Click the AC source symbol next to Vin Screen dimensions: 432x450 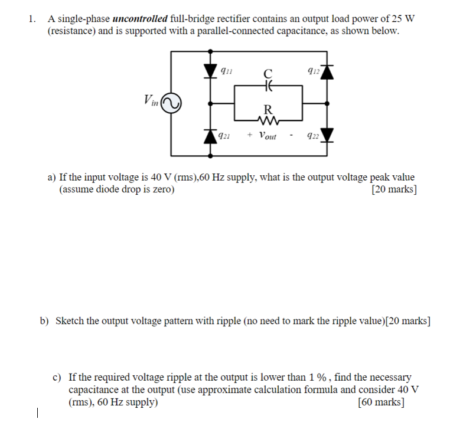coord(171,104)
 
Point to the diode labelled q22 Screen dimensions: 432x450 coord(327,136)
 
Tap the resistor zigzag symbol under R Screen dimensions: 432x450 coord(268,120)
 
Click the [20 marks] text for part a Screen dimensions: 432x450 coord(393,189)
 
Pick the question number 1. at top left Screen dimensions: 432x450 coord(32,18)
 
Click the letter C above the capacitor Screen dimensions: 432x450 coord(268,74)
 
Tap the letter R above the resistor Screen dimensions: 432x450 coord(268,109)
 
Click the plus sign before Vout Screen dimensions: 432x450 coord(250,136)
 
